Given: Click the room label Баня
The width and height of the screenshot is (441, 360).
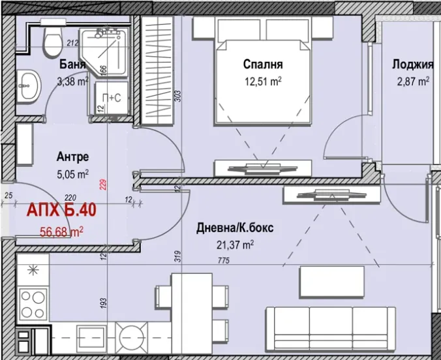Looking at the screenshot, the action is point(72,65).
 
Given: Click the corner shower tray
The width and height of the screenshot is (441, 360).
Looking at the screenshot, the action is point(104,52).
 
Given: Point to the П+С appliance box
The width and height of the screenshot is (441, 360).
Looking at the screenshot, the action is point(112,98).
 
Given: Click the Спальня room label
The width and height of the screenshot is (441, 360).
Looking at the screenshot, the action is point(263,64).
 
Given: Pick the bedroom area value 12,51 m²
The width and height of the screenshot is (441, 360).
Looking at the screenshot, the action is point(263,82).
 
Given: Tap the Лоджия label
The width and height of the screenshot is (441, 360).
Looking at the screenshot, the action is point(412,65).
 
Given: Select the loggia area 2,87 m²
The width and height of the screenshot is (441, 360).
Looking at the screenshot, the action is point(413,82).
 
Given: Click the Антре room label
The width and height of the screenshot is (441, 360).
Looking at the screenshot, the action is point(72,157).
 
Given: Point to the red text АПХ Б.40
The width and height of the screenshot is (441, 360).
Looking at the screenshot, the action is point(61,210).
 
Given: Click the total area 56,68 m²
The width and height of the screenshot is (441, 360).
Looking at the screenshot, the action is point(61,232).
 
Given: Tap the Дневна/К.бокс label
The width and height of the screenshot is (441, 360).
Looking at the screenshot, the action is point(235,228).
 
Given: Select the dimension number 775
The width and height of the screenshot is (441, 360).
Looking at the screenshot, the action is point(224,261).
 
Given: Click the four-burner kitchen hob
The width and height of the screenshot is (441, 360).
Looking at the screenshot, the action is point(33,305).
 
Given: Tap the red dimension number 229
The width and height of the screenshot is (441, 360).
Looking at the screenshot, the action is point(103,185).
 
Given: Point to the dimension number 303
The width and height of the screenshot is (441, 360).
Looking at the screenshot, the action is point(178,96).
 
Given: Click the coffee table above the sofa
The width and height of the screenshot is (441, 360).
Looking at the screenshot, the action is point(332,282).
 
